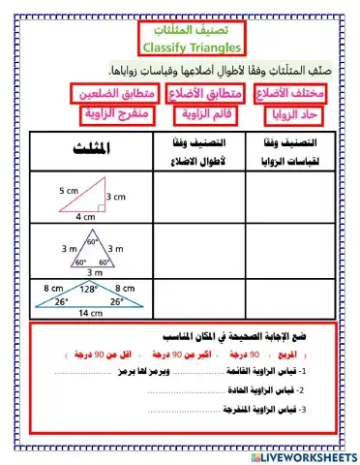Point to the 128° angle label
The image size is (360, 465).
tap(90, 289)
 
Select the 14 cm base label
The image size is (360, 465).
tap(90, 313)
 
